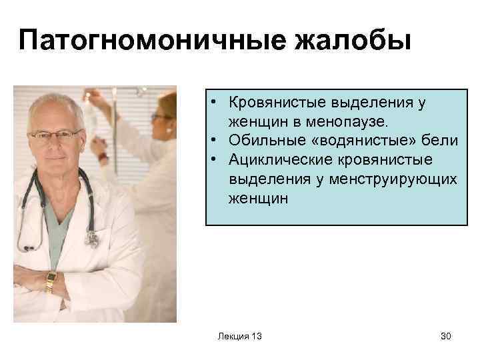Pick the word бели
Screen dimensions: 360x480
[439, 141]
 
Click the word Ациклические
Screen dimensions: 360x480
[273, 160]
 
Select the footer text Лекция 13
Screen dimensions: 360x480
[239, 336]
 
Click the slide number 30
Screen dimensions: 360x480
[445, 336]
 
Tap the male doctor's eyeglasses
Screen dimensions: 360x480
[57, 135]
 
